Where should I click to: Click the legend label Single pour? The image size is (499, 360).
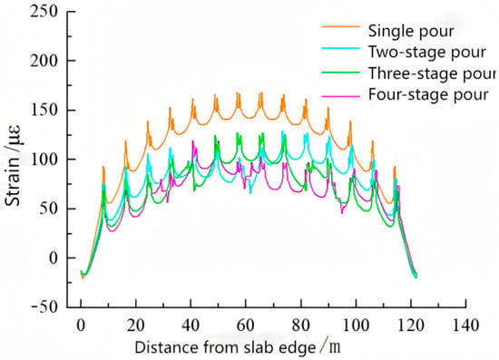pos(411,31)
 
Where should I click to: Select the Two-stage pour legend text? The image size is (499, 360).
pos(427,53)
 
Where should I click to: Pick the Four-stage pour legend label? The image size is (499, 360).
pos(428,94)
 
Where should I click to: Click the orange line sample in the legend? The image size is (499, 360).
pos(340,26)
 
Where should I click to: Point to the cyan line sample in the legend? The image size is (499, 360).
pos(340,48)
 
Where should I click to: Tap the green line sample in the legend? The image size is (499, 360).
pos(340,73)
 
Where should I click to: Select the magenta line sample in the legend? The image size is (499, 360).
pos(340,95)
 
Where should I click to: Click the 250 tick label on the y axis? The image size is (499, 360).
pos(44,12)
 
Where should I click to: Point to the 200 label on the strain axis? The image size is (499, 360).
pos(44,61)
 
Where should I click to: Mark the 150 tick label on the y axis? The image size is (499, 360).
pos(44,110)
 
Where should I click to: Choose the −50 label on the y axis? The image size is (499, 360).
pos(44,307)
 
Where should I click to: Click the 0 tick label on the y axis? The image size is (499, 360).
pos(54,258)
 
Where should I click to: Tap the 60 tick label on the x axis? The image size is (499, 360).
pos(246,325)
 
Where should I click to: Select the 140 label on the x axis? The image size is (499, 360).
pos(465,325)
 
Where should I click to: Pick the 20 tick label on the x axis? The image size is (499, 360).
pos(136,325)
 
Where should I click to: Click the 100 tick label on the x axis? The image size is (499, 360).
pos(356,325)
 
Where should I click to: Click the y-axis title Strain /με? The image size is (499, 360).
pos(13,166)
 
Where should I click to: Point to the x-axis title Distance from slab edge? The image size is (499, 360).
pos(225,347)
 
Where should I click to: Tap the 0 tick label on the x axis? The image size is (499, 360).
pos(81,325)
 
